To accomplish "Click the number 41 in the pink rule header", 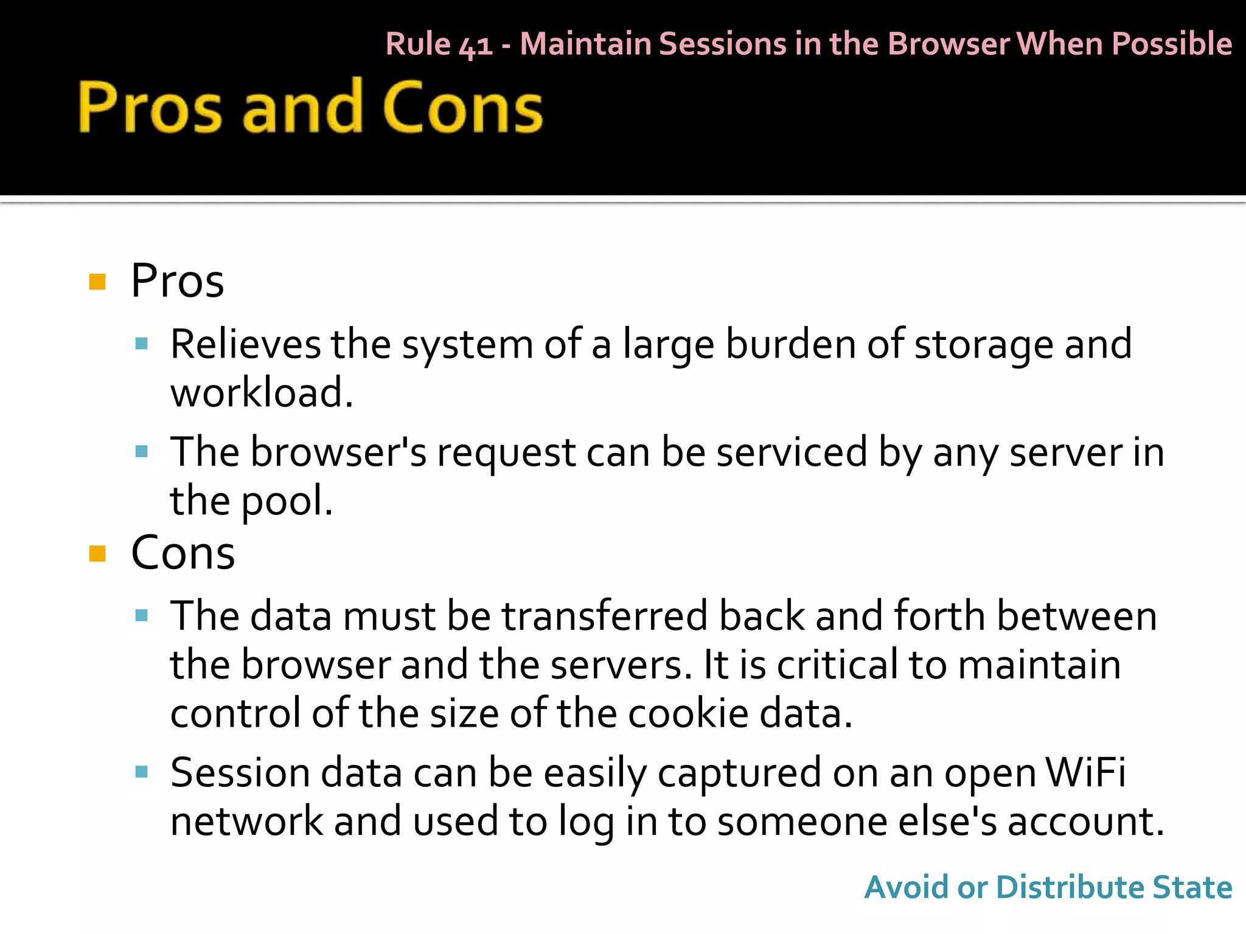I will coord(476,45).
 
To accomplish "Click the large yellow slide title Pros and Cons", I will coord(310,107).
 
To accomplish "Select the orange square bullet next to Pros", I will coord(97,282).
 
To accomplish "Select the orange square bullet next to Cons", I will coord(97,553).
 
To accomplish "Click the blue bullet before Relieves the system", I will coord(142,344).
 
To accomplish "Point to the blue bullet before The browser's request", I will coord(142,452).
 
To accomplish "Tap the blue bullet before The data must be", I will coord(142,615).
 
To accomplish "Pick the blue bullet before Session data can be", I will coord(142,772).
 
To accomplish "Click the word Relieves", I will coord(245,344).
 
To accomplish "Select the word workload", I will coord(260,393).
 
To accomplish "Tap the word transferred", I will coord(605,616).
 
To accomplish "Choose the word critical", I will coord(837,664).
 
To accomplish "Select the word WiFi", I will coord(1085,772).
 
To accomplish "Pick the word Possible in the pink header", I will coord(1172,44).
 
